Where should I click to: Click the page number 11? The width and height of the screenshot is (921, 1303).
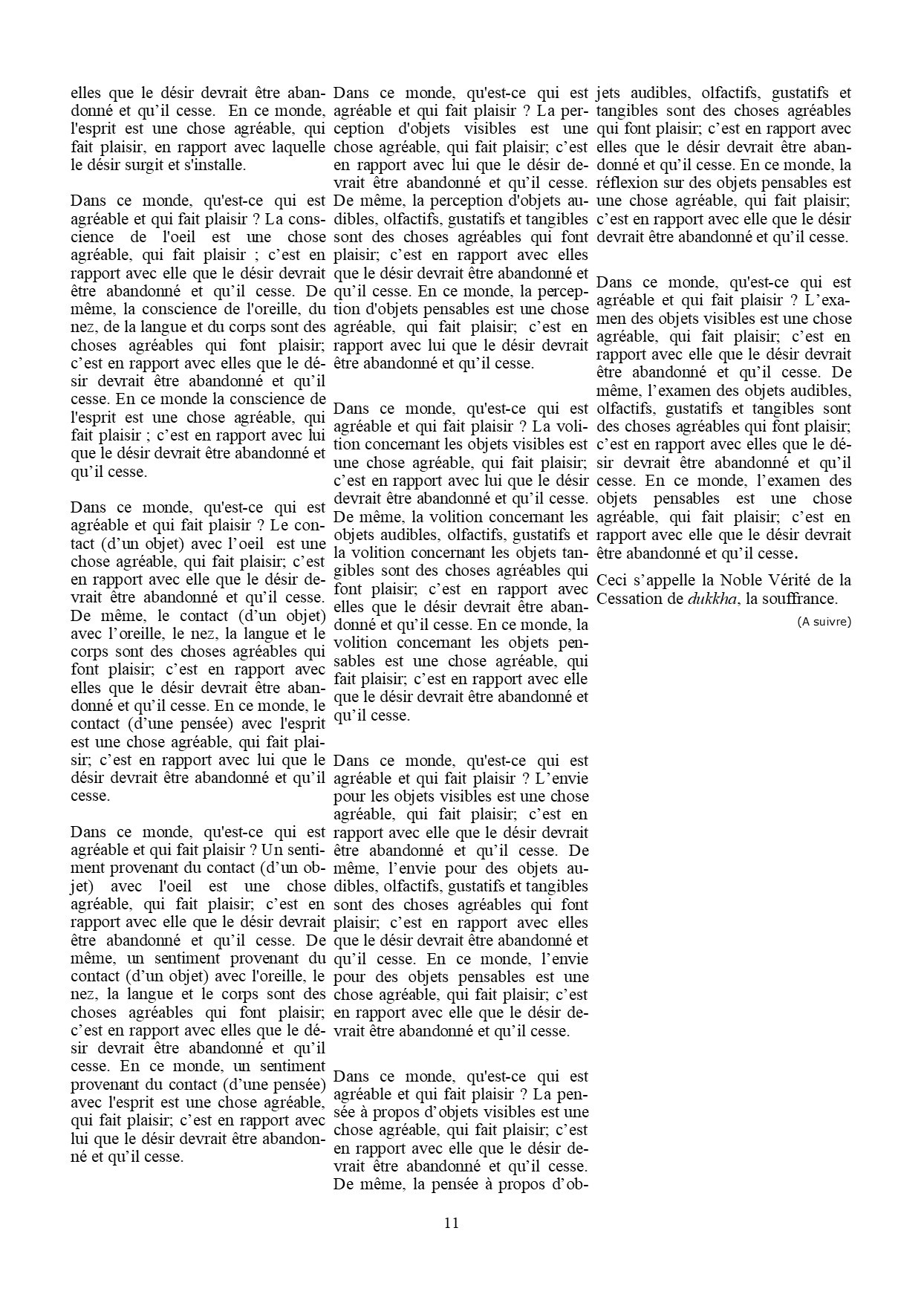coord(452,1224)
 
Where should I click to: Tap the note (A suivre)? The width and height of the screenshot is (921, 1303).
coord(824,622)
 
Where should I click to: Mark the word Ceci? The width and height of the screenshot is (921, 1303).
coord(611,580)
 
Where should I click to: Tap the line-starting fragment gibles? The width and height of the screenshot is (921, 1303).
coord(354,571)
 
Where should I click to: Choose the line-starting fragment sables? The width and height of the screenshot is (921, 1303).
coord(354,661)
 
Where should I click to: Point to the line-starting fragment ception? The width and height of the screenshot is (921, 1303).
coord(357,129)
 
